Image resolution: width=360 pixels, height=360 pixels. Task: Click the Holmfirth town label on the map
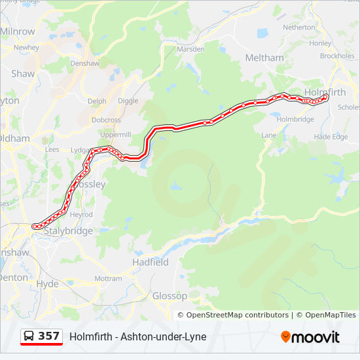tap(325, 92)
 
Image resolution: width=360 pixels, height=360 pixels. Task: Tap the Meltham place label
tap(264, 58)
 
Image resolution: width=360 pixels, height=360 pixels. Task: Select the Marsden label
tap(191, 49)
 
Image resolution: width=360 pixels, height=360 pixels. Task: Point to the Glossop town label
tap(170, 296)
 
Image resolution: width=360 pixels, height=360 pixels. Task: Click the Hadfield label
tap(150, 262)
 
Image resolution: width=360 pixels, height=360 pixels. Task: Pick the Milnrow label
tap(18, 31)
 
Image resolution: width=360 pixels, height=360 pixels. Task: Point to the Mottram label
tap(108, 278)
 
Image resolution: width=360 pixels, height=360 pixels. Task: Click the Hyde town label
tap(47, 284)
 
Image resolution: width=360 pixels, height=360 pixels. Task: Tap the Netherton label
tap(298, 27)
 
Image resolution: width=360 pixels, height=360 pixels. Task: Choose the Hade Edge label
tap(331, 137)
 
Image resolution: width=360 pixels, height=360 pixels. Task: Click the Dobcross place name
tap(106, 120)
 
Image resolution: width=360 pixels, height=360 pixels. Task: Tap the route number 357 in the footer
tap(48, 336)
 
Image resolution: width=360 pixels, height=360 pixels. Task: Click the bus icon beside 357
tap(29, 336)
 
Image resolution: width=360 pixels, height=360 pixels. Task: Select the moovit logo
tap(310, 337)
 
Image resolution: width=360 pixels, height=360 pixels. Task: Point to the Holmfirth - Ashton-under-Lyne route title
tap(137, 336)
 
